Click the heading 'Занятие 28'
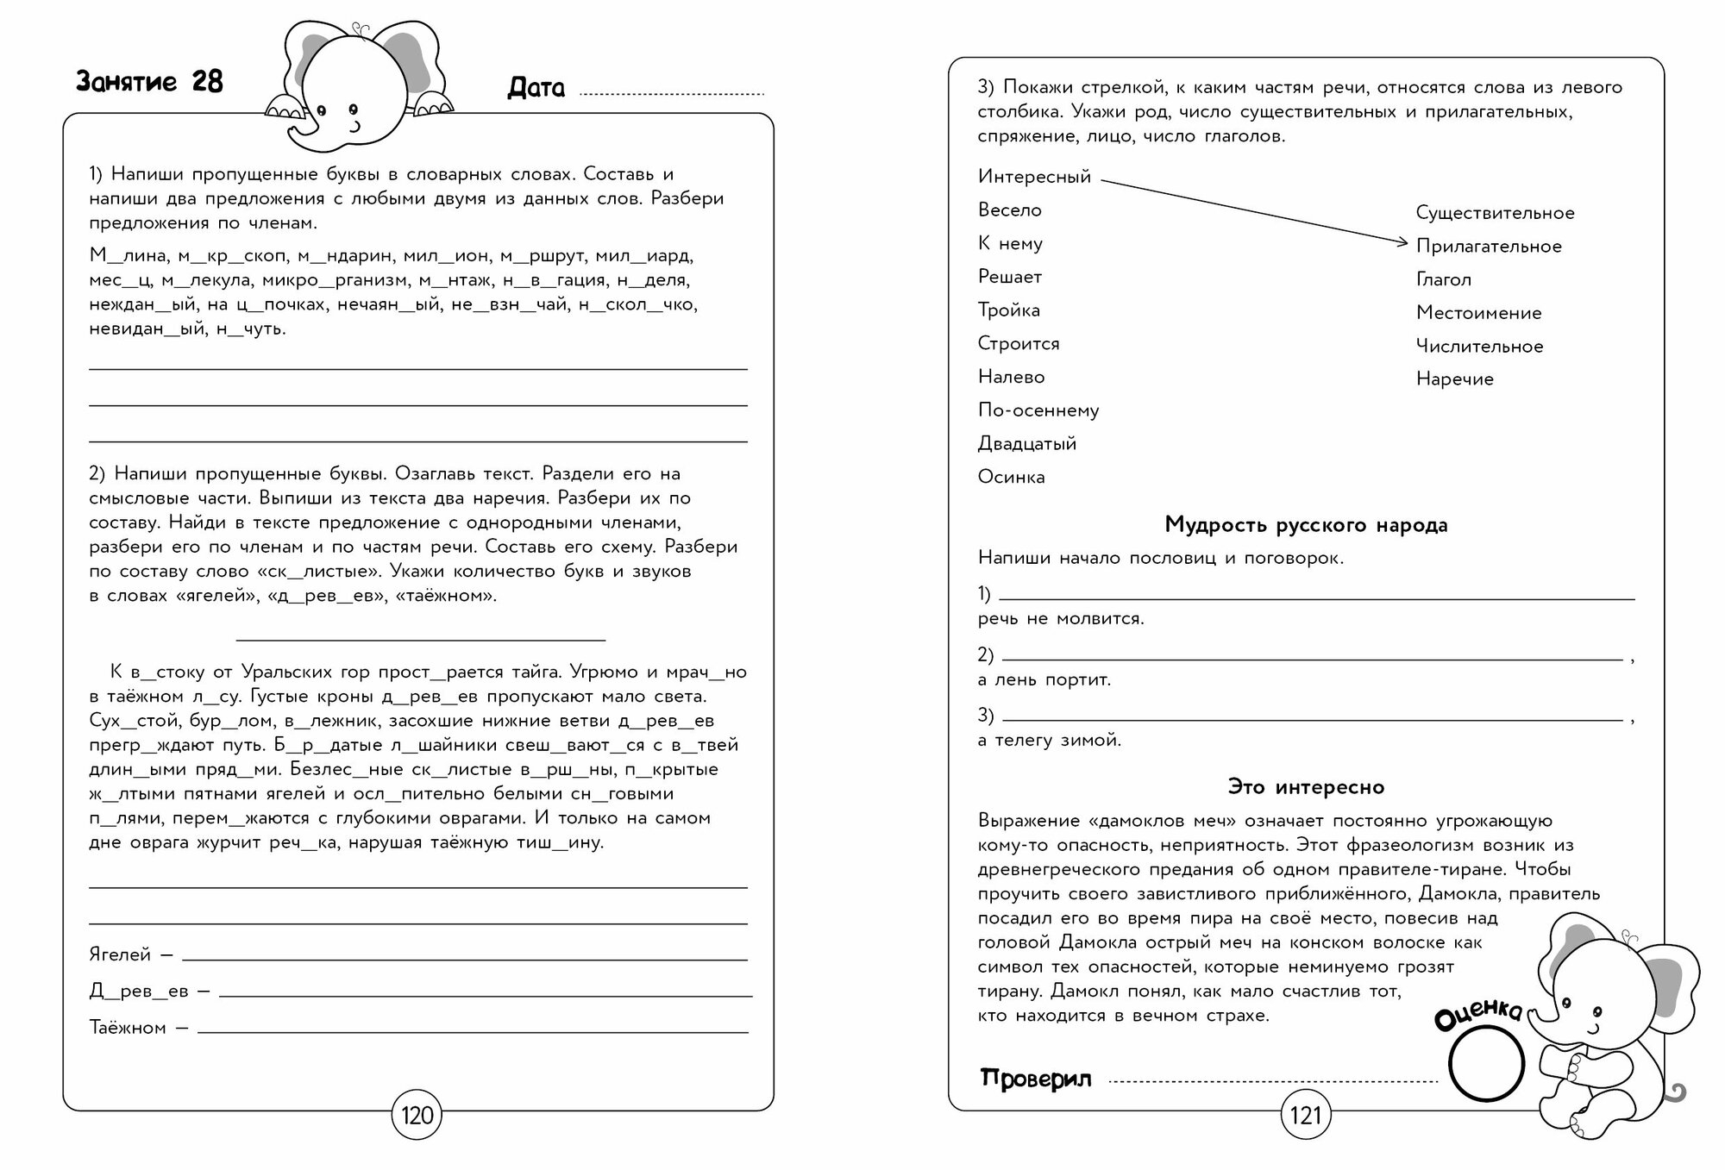pos(149,82)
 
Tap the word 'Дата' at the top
pos(536,88)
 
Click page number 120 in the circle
pos(417,1117)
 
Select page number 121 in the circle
pos(1306,1117)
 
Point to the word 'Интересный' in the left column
pos(1034,177)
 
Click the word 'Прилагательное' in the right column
pos(1489,247)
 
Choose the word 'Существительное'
pos(1495,213)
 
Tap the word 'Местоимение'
pos(1478,313)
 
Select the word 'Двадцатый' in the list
pos(1026,444)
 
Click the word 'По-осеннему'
pos(1038,410)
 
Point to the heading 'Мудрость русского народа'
pos(1306,524)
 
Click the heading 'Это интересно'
pos(1306,786)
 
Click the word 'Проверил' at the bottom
pos(1036,1078)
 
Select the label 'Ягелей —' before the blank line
pos(131,955)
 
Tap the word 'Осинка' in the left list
pos(1011,477)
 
